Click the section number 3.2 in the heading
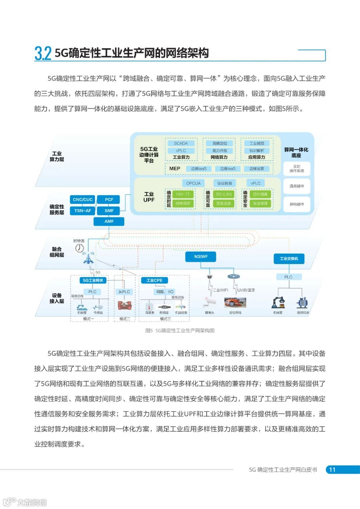(43, 53)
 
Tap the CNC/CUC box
(83, 199)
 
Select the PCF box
(109, 199)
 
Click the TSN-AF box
(83, 211)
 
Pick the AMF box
(109, 221)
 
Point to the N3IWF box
(201, 257)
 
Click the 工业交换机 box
(289, 258)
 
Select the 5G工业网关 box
(93, 280)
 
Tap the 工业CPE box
(154, 280)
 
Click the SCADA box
(181, 143)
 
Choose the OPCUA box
(193, 183)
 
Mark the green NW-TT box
(183, 194)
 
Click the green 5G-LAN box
(223, 194)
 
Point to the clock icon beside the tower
(79, 248)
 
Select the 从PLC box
(124, 292)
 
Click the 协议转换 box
(224, 183)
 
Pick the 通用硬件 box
(296, 186)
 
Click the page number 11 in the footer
(332, 470)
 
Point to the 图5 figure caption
(180, 330)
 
